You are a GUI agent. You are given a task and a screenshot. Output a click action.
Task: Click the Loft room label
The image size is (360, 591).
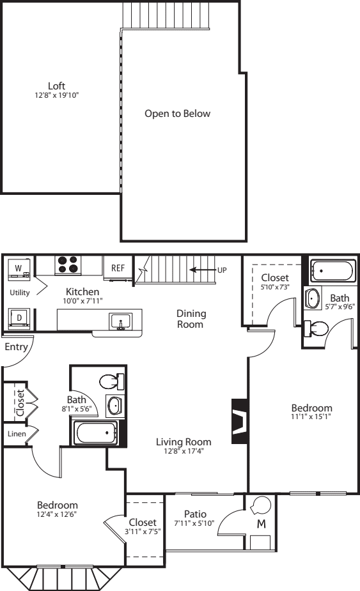pyautogui.click(x=57, y=86)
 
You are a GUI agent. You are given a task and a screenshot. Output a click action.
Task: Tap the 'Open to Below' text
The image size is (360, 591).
pyautogui.click(x=177, y=114)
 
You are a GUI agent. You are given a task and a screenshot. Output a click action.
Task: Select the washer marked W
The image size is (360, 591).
pyautogui.click(x=19, y=269)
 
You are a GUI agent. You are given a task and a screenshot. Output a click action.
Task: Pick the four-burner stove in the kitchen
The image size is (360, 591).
pyautogui.click(x=68, y=265)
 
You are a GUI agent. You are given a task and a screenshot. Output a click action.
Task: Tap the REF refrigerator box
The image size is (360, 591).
pyautogui.click(x=118, y=268)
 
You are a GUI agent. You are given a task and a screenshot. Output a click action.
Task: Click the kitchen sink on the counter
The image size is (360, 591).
pyautogui.click(x=121, y=322)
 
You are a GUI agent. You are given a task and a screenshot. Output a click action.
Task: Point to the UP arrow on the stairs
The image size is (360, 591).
pyautogui.click(x=202, y=270)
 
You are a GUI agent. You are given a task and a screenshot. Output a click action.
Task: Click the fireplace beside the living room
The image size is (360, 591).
pyautogui.click(x=240, y=420)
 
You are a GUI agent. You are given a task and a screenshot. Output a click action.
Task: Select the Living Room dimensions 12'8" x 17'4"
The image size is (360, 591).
pyautogui.click(x=184, y=451)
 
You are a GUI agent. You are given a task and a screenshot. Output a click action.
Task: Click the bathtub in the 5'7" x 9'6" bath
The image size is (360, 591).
pyautogui.click(x=333, y=271)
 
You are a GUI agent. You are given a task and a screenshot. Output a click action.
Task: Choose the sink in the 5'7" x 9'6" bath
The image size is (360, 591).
pyautogui.click(x=313, y=298)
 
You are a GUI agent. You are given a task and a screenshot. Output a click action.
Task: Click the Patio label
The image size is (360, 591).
pyautogui.click(x=195, y=514)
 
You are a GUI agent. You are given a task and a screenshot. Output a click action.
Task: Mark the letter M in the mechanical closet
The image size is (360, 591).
pyautogui.click(x=261, y=523)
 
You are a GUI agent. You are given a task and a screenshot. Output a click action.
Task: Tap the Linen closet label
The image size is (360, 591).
pyautogui.click(x=17, y=434)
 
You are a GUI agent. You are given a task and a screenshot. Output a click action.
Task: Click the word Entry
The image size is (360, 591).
pyautogui.click(x=16, y=347)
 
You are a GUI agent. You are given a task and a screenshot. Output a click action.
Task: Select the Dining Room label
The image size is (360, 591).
pyautogui.click(x=191, y=319)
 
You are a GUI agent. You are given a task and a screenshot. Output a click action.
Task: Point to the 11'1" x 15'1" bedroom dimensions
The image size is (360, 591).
pyautogui.click(x=311, y=417)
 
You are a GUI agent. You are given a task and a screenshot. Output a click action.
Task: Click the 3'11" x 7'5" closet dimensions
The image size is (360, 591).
pyautogui.click(x=143, y=532)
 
